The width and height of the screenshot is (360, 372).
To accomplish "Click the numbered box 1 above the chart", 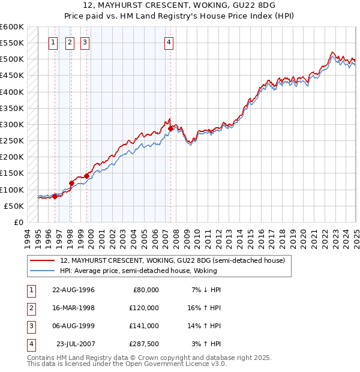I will [x=53, y=42].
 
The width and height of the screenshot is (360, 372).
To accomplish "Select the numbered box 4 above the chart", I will [x=169, y=42].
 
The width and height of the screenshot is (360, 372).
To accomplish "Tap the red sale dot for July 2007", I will [x=171, y=128].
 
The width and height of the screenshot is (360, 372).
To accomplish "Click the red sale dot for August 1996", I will [x=55, y=196].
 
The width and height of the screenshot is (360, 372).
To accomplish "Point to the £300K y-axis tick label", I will [x=12, y=124].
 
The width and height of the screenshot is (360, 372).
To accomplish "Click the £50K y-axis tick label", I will [x=14, y=206].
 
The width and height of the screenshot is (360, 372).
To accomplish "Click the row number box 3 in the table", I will [x=30, y=326].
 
